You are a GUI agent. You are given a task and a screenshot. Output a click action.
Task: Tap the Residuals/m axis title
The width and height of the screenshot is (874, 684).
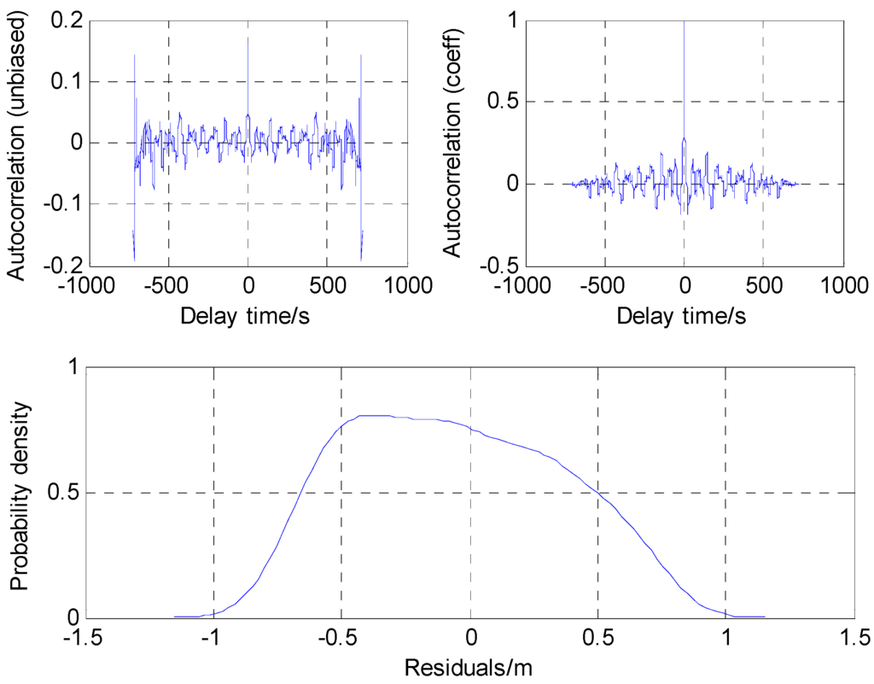[x=469, y=665]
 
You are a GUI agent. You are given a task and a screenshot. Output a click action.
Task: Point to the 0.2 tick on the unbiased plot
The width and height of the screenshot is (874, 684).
[x=65, y=21]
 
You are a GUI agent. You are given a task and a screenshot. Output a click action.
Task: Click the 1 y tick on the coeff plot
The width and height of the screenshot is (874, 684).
[x=510, y=21]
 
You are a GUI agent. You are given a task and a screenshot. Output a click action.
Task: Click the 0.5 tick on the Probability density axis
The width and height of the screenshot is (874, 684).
[x=65, y=493]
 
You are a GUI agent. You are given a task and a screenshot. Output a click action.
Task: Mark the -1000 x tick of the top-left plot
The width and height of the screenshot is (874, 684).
[x=90, y=285]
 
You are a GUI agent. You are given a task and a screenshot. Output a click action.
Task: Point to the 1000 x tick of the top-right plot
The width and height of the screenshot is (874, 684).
[x=843, y=285]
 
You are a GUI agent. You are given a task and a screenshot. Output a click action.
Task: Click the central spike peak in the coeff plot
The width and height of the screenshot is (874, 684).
[x=684, y=23]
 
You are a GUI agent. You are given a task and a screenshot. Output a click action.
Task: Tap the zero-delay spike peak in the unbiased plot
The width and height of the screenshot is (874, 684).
[x=248, y=38]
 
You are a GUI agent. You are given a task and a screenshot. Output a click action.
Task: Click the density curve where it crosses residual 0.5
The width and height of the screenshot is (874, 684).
[x=597, y=493]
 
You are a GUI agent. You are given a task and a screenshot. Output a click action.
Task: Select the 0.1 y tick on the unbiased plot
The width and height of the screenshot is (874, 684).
[x=65, y=82]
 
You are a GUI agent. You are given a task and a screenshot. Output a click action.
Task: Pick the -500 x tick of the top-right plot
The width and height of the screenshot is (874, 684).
[x=604, y=285]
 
